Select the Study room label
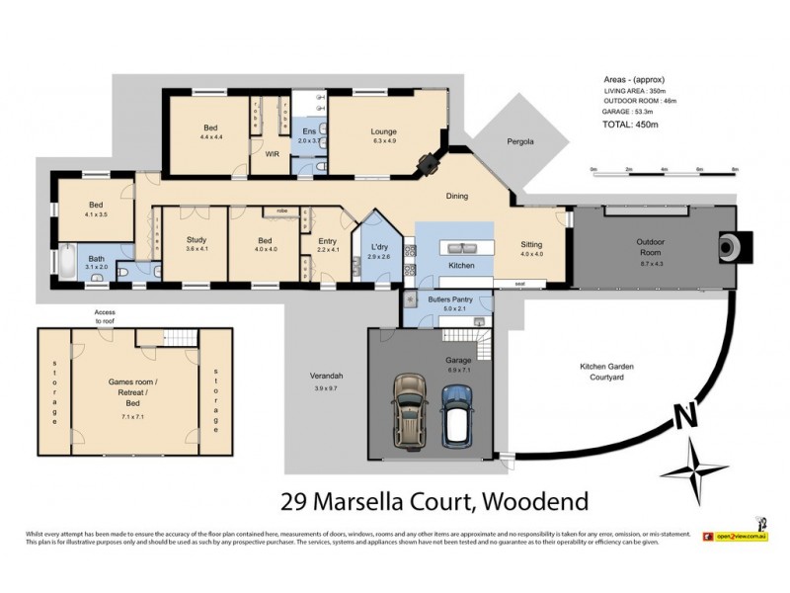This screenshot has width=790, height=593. (196, 241)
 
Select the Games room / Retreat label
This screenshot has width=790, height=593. (134, 384)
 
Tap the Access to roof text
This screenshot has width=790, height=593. (105, 317)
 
